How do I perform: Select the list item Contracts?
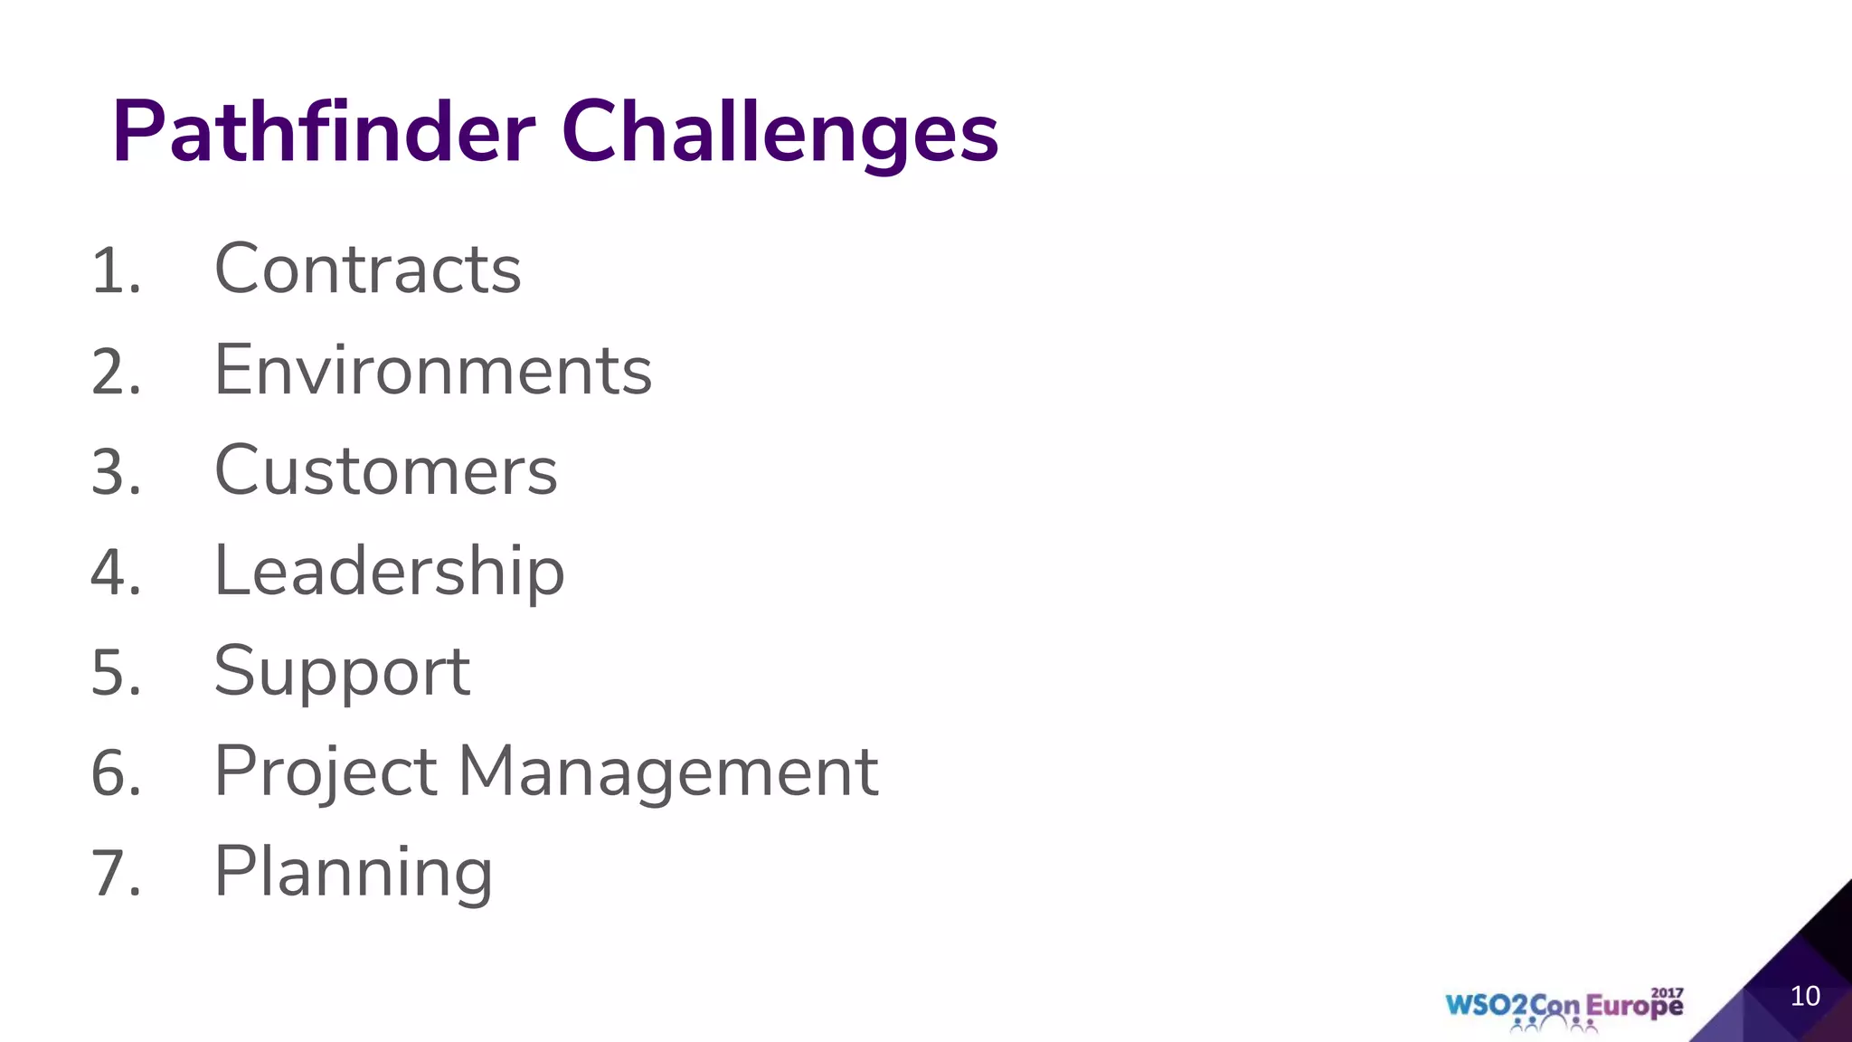point(367,270)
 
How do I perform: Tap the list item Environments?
point(432,371)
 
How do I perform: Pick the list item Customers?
point(385,471)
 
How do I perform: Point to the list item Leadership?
point(389,572)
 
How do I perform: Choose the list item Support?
point(342,672)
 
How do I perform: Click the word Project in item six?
point(326,772)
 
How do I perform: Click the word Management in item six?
point(667,772)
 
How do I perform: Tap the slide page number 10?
point(1805,996)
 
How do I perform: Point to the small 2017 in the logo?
point(1668,992)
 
